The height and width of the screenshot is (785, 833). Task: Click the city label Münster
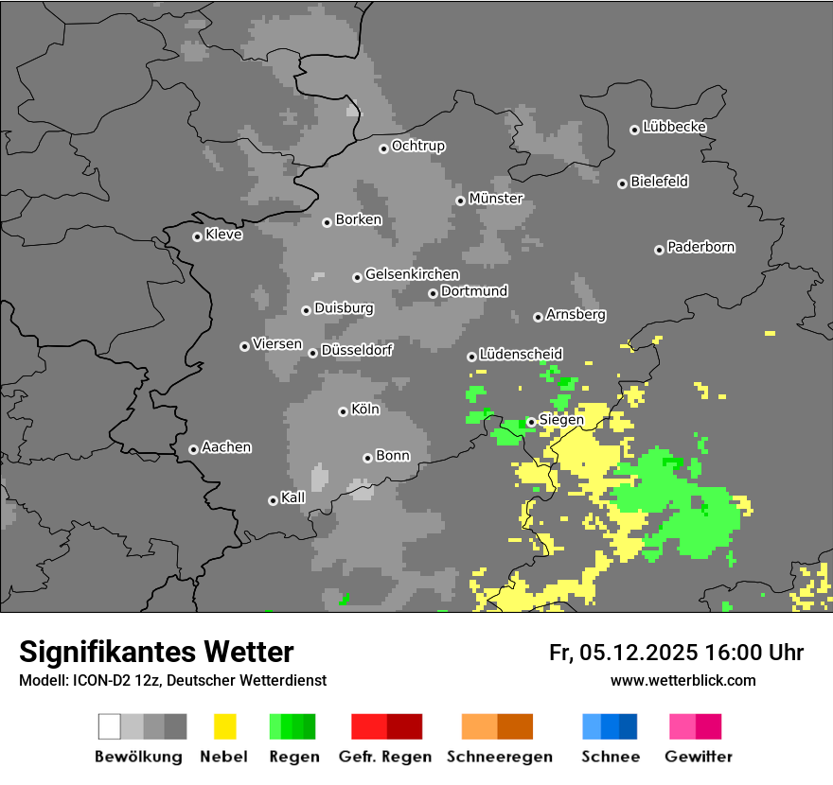pos(496,199)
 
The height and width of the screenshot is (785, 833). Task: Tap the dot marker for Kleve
pos(197,236)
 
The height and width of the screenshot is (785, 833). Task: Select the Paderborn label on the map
pos(700,248)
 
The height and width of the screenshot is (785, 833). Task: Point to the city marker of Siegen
pos(531,422)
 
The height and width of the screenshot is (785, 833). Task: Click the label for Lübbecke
pos(674,127)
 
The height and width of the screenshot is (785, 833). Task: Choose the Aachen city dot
pos(193,449)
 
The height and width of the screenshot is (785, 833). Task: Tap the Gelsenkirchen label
pos(412,275)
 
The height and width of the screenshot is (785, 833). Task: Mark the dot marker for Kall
pos(273,500)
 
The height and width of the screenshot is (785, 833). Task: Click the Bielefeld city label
pos(659,182)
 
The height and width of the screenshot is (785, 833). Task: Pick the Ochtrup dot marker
pos(383,148)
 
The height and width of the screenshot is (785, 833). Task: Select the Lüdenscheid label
pos(521,355)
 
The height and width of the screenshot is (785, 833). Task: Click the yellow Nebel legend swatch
pos(224,726)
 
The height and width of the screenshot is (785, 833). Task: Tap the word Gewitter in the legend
pos(699,757)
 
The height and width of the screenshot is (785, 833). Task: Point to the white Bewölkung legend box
pos(110,726)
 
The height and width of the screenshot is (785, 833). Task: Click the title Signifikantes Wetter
pos(156,653)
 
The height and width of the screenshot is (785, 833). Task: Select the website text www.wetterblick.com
pos(682,680)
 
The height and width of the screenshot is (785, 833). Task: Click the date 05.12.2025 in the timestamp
pos(639,653)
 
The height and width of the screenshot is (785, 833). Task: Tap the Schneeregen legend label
pos(499,757)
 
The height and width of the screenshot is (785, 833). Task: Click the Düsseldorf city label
pos(357,350)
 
